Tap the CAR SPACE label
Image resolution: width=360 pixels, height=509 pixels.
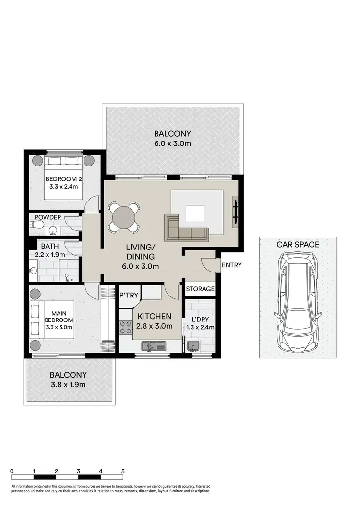[298, 244]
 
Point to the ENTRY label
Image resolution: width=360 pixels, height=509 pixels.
[232, 265]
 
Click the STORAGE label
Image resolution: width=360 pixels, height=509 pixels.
[200, 289]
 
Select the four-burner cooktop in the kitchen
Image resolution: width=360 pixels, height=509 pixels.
[126, 327]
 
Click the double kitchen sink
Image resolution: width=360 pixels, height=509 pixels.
[154, 345]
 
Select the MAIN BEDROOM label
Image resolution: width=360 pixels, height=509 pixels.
[59, 317]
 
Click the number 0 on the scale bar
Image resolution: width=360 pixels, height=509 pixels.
[12, 471]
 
